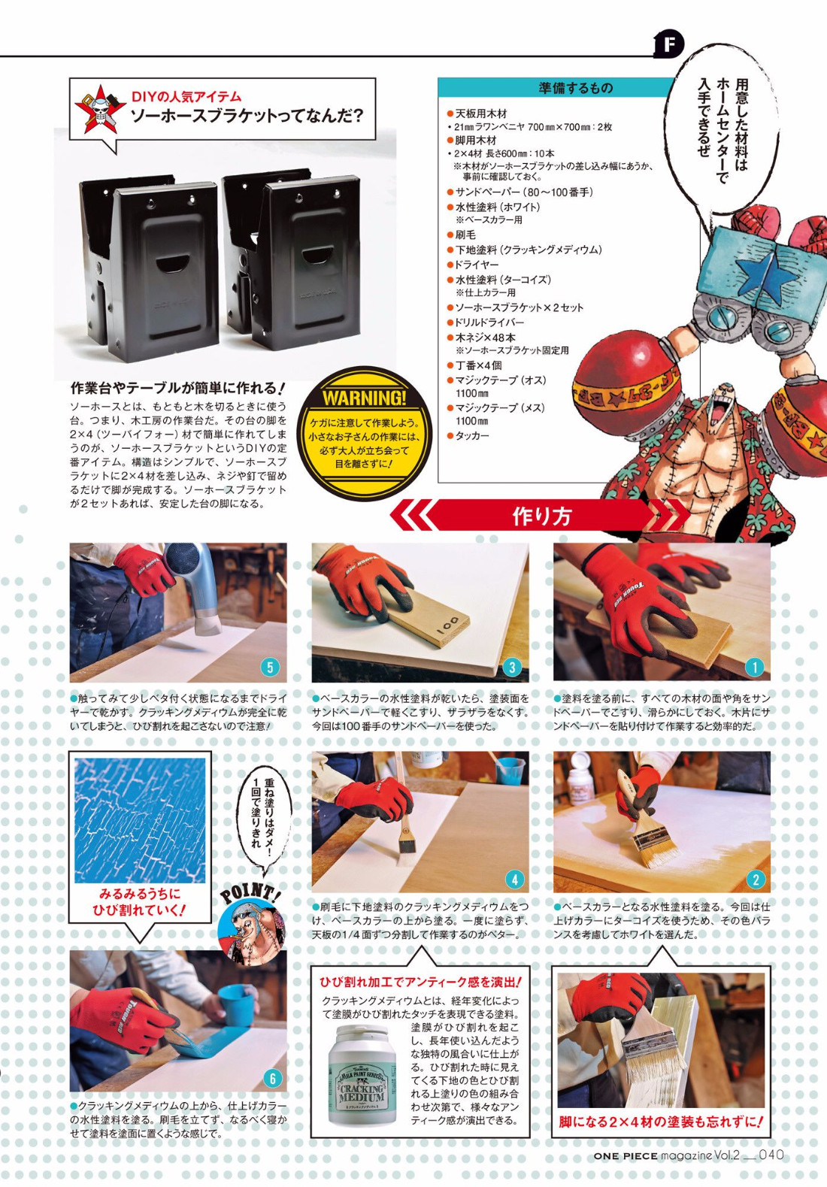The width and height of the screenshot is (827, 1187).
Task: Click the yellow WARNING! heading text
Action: coord(364,398)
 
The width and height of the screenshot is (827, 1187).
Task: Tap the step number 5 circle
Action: coord(270,667)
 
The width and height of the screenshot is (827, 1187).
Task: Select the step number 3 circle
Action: coord(511,667)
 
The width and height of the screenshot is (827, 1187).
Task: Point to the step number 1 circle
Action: coord(754,667)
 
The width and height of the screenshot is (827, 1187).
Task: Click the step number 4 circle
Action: coord(513,880)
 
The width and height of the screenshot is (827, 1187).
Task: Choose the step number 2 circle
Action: coord(756,880)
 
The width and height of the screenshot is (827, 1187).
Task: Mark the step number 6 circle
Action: coord(272,1078)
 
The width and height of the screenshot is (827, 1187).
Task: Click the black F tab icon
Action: coord(669,44)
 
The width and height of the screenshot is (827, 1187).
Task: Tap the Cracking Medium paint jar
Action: coord(362,1074)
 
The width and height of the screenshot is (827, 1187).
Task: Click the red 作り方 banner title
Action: coord(541,516)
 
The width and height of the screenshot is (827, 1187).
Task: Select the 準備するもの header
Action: coord(575,87)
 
